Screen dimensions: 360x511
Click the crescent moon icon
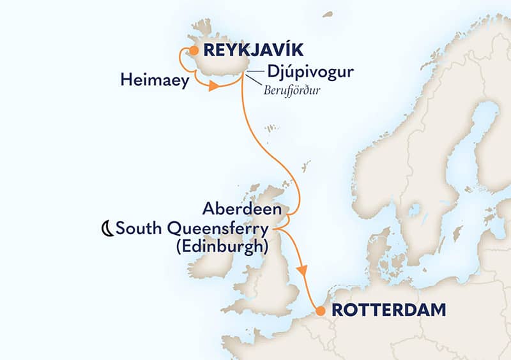coord(107,227)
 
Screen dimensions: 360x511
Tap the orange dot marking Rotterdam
coord(319,311)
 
